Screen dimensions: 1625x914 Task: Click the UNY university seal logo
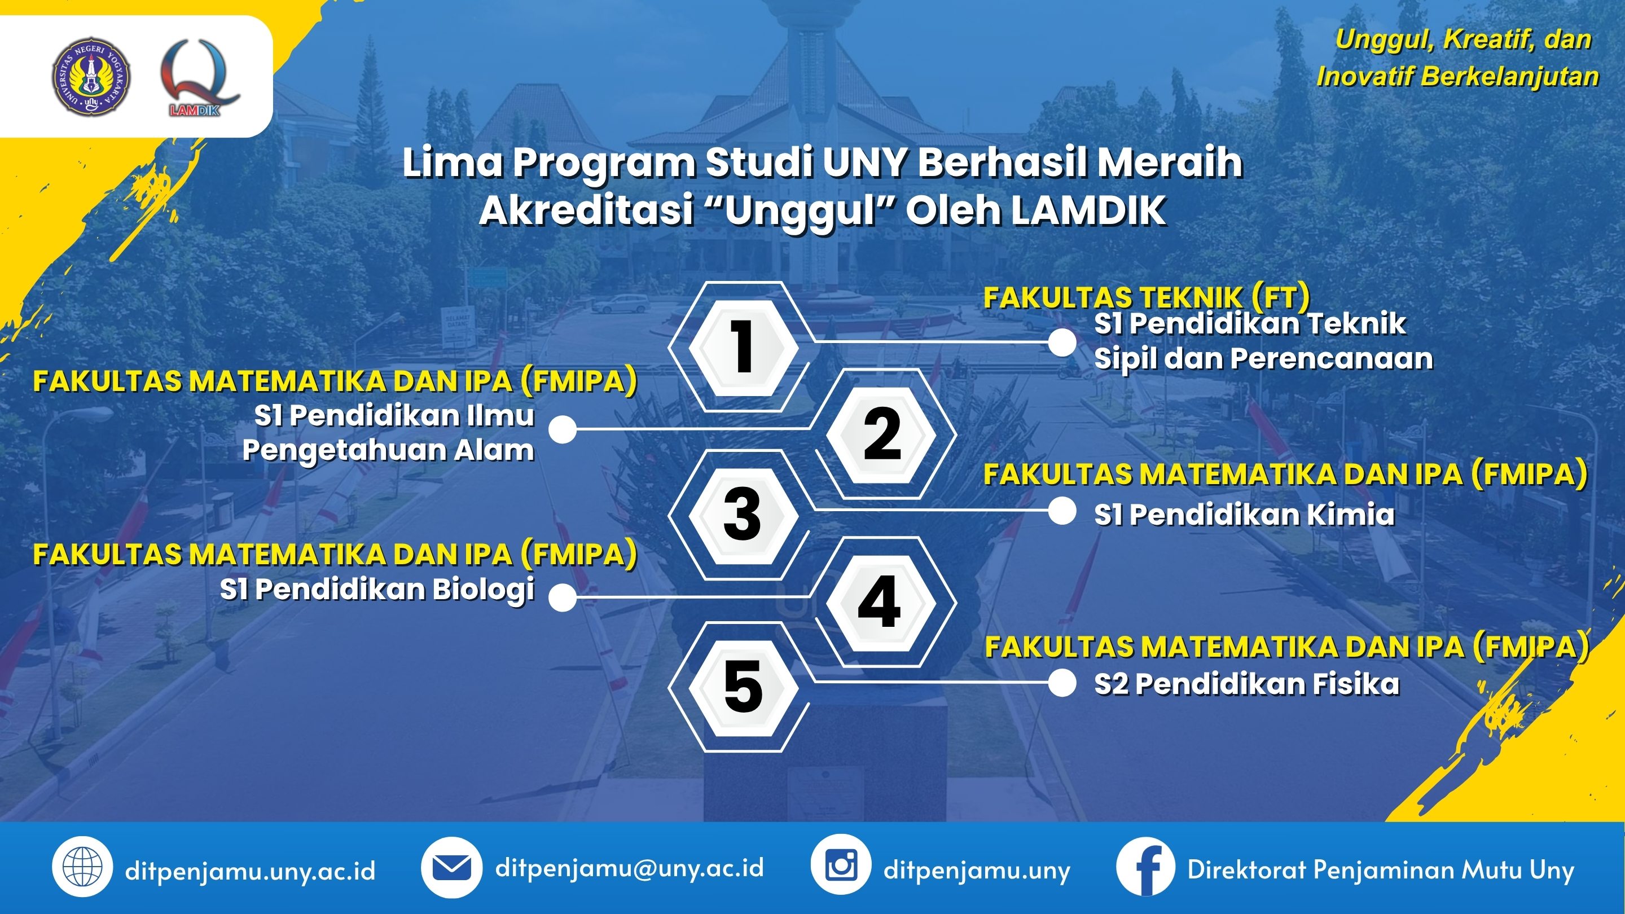(x=91, y=76)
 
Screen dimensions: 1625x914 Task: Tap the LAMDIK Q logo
(x=199, y=77)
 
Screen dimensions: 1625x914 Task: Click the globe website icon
(x=82, y=867)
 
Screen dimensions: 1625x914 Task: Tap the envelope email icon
(x=451, y=867)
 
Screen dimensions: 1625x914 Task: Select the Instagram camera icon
(x=841, y=865)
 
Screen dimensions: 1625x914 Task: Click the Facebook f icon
(x=1145, y=867)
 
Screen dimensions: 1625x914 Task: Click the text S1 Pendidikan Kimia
(x=1244, y=515)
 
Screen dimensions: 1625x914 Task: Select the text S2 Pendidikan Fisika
(x=1246, y=684)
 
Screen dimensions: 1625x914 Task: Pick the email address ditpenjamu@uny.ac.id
(x=629, y=868)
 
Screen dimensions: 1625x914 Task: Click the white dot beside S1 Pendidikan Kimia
(x=1062, y=511)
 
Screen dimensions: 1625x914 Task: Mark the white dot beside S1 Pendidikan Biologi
(x=563, y=597)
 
